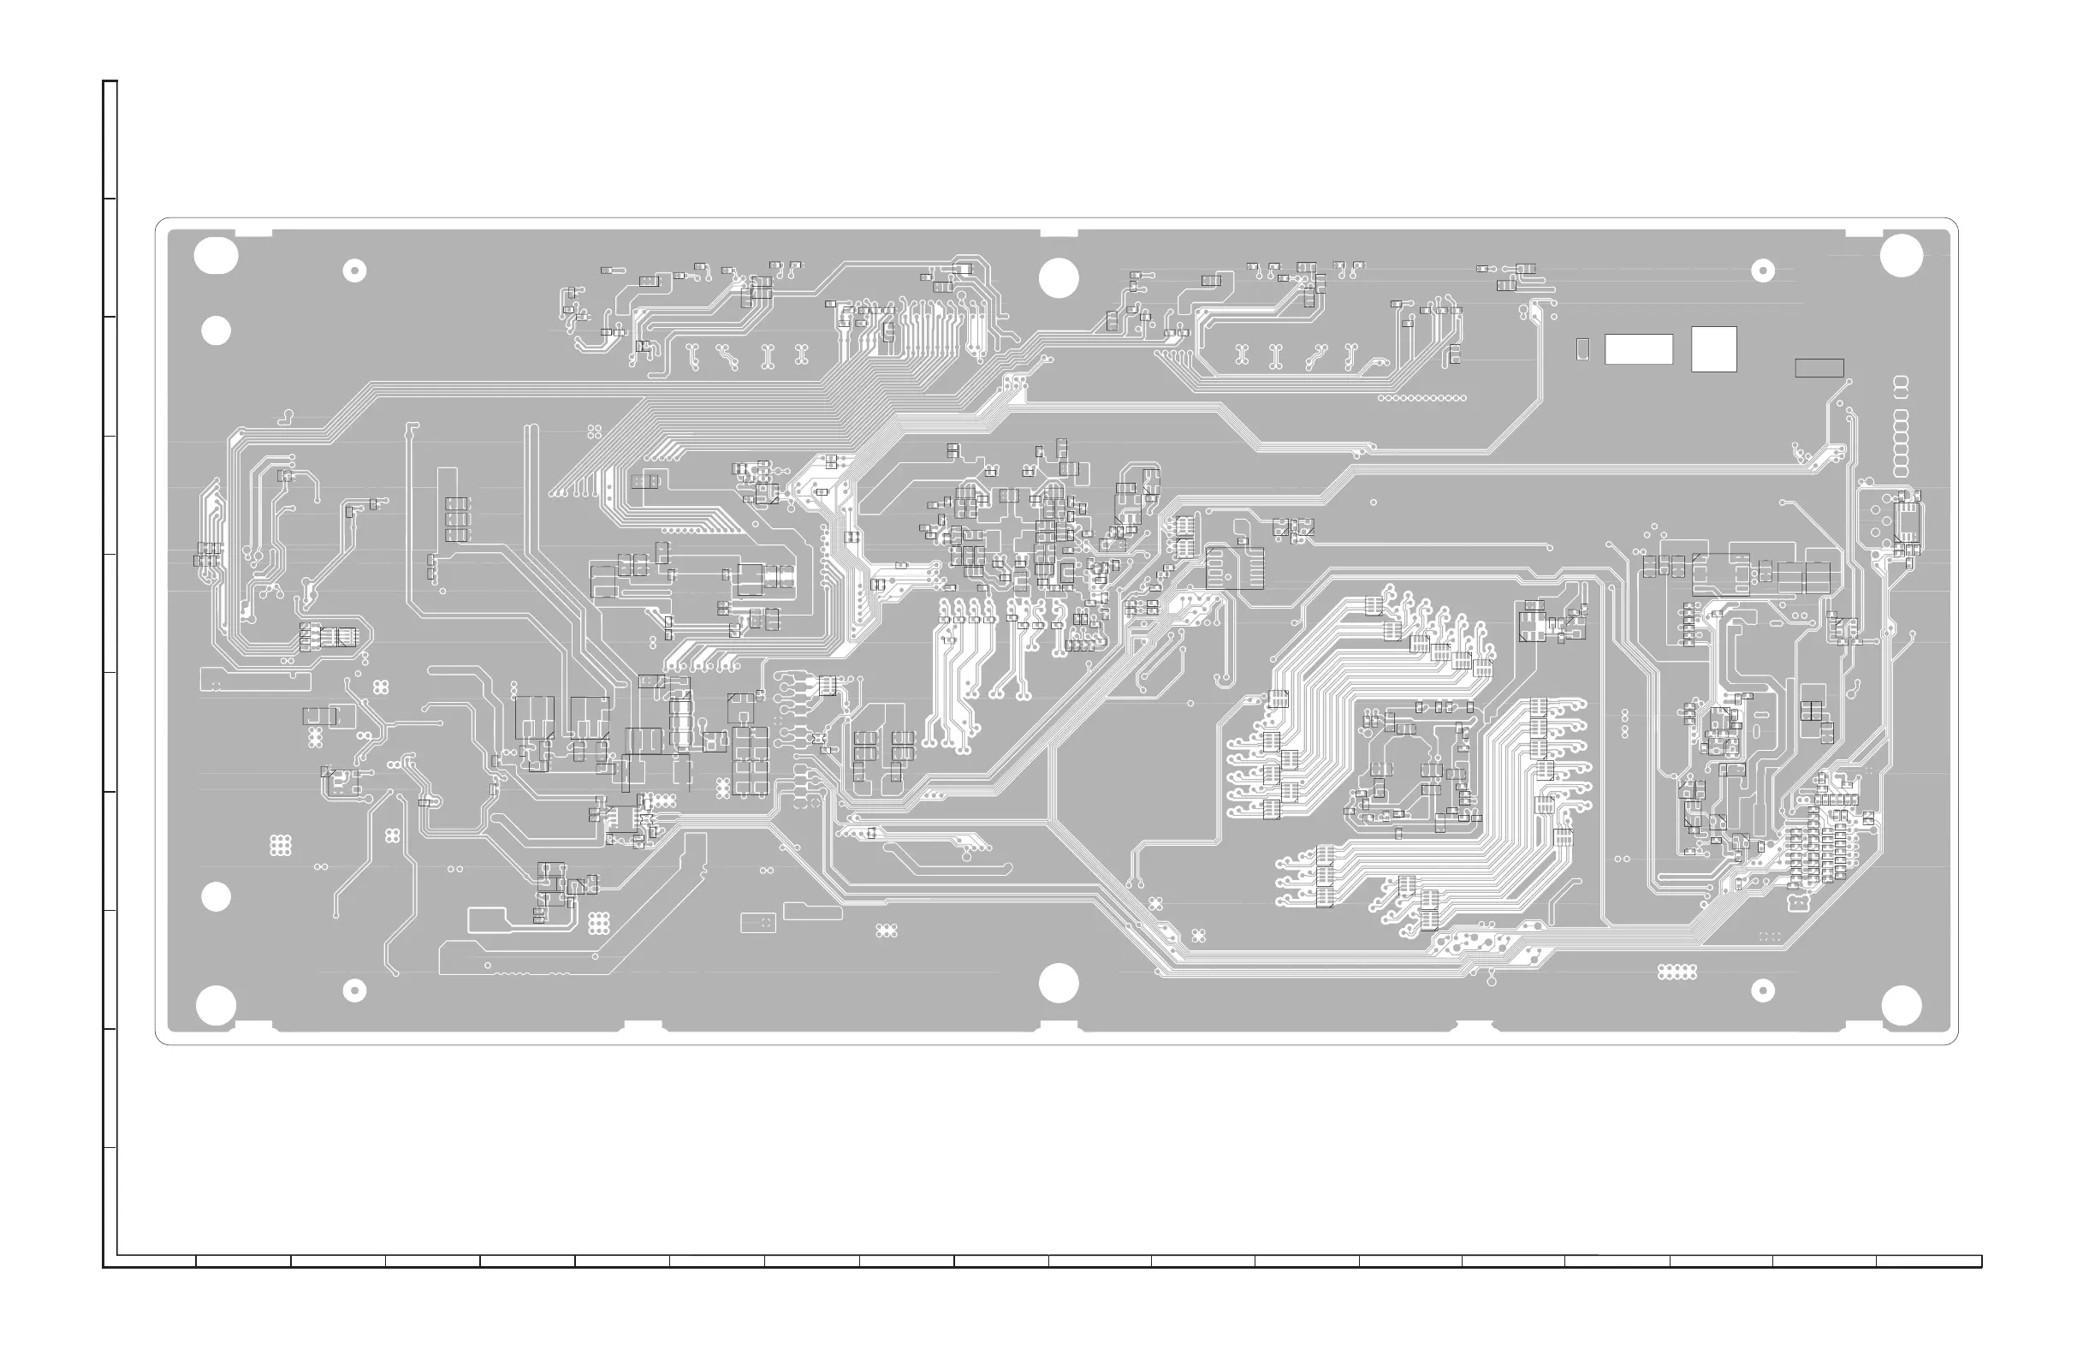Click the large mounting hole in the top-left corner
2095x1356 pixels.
tap(216, 256)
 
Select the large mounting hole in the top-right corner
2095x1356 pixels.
tap(1901, 256)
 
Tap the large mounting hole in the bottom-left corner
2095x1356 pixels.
tap(216, 1005)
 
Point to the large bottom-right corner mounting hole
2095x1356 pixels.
tap(1901, 1005)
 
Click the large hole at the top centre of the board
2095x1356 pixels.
tap(1058, 277)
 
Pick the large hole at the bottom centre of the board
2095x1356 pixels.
tap(1058, 984)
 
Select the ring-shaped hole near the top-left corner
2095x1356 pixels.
tap(353, 271)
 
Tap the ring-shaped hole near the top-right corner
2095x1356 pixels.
tap(1762, 271)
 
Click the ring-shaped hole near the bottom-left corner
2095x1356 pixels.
tap(353, 990)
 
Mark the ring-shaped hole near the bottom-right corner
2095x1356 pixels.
tap(1762, 990)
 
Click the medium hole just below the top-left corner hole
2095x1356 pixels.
tap(216, 330)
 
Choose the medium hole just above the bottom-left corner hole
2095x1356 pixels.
tap(216, 897)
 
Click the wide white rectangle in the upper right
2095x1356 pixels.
tap(1638, 348)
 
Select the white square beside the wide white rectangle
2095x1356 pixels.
tap(1713, 348)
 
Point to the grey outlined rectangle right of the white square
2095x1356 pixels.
tap(1819, 367)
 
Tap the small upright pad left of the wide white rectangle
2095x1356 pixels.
tap(1582, 348)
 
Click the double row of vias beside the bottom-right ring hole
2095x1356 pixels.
tap(1676, 972)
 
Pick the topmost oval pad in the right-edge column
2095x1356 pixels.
tap(1901, 382)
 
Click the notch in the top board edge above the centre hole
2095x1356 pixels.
tap(1058, 234)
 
